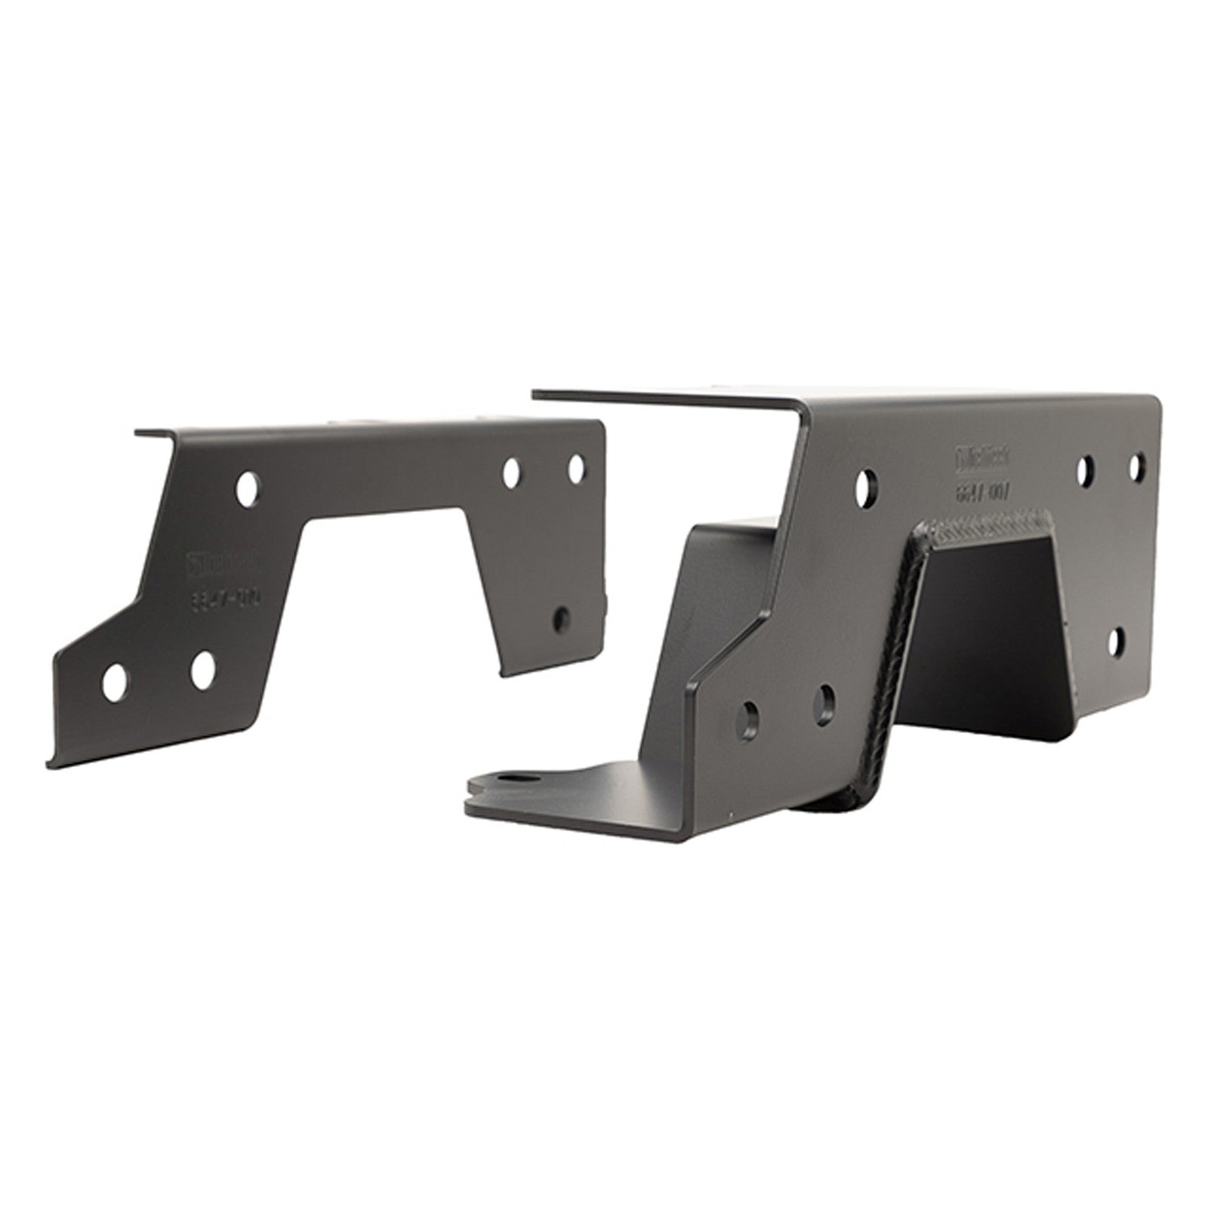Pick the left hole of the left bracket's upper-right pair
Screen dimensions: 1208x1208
513,472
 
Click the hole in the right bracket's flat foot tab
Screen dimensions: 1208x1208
517,779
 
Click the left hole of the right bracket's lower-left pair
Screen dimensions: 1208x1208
753,713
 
